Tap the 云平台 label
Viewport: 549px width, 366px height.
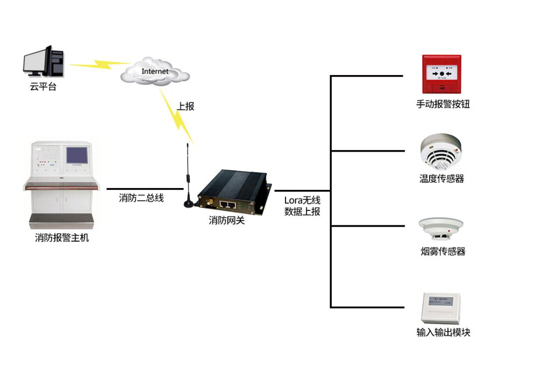click(x=43, y=87)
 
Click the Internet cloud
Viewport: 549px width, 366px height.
click(x=155, y=72)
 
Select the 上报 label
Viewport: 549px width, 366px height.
click(x=185, y=106)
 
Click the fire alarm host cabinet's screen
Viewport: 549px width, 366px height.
click(x=77, y=156)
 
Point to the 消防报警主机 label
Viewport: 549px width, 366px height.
click(x=62, y=238)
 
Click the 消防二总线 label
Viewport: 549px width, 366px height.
click(x=141, y=198)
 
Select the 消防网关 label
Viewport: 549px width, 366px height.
click(x=227, y=220)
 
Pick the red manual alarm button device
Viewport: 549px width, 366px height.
click(x=441, y=74)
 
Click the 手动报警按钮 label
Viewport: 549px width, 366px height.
click(x=443, y=104)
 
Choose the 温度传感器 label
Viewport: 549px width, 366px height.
click(x=442, y=179)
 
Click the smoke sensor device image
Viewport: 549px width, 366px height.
click(x=441, y=228)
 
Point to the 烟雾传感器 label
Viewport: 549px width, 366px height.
click(x=443, y=252)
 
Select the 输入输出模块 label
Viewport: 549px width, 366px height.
click(x=443, y=333)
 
